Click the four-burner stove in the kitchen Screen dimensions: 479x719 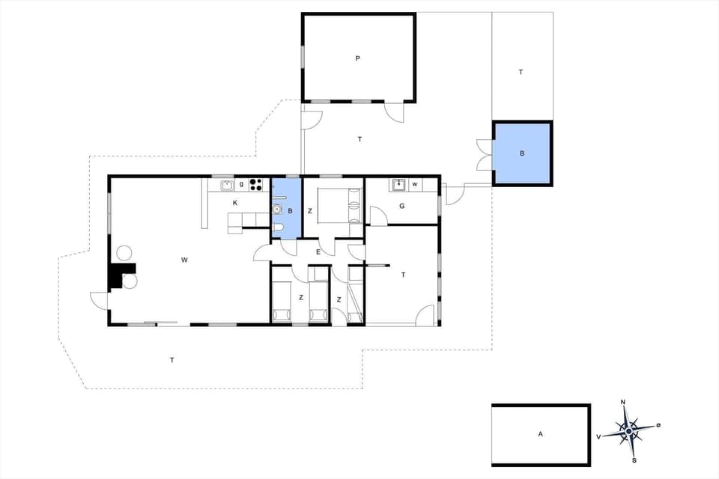tap(256, 184)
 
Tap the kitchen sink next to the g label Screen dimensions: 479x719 tap(227, 184)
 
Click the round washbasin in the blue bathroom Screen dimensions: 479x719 tap(278, 210)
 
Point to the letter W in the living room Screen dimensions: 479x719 tap(183, 260)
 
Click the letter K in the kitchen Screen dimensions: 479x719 tap(235, 203)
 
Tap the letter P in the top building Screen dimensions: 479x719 tap(358, 58)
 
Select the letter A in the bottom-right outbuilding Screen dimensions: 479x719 tap(539, 433)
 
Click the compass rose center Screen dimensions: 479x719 tap(628, 430)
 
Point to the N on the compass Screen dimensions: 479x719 tap(624, 403)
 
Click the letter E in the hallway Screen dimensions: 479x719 tap(318, 252)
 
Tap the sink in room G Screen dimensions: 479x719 tap(399, 184)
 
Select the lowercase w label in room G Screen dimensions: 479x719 tap(414, 184)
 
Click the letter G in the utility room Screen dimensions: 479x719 tap(401, 206)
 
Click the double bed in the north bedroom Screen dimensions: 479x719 tap(338, 205)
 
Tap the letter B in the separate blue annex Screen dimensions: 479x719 tap(522, 154)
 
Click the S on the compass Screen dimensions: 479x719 tap(634, 460)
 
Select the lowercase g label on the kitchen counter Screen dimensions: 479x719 tap(241, 184)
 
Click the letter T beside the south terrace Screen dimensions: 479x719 tap(172, 360)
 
